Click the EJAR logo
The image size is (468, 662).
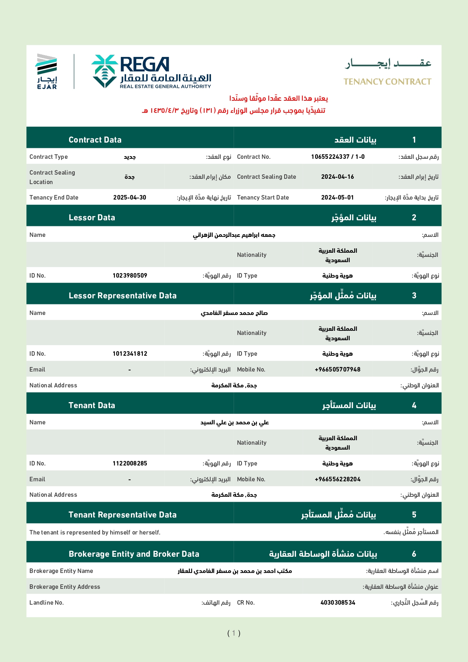pos(46,71)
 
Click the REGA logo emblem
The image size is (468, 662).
pos(105,71)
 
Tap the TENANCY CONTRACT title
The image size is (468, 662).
pos(387,81)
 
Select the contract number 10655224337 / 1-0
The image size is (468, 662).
pos(338,157)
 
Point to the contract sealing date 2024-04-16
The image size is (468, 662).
pos(337,177)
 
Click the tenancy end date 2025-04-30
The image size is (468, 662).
pos(129,197)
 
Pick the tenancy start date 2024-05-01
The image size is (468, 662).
pos(337,197)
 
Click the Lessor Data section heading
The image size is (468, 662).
pos(92,217)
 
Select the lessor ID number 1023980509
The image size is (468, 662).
pos(130,275)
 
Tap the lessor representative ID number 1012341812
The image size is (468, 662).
pos(130,353)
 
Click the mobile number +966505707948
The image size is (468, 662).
pos(337,369)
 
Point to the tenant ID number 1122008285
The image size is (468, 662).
pos(130,463)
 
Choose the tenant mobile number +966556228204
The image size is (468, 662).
pos(337,479)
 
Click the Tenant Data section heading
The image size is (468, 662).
pos(92,405)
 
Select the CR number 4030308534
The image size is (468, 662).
pos(338,602)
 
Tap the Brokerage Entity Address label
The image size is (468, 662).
pos(65,587)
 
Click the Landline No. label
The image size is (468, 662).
pos(46,602)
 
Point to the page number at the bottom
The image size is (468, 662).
pos(234,633)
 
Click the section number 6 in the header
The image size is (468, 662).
pos(414,554)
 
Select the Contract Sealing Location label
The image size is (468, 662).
pos(52,177)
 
